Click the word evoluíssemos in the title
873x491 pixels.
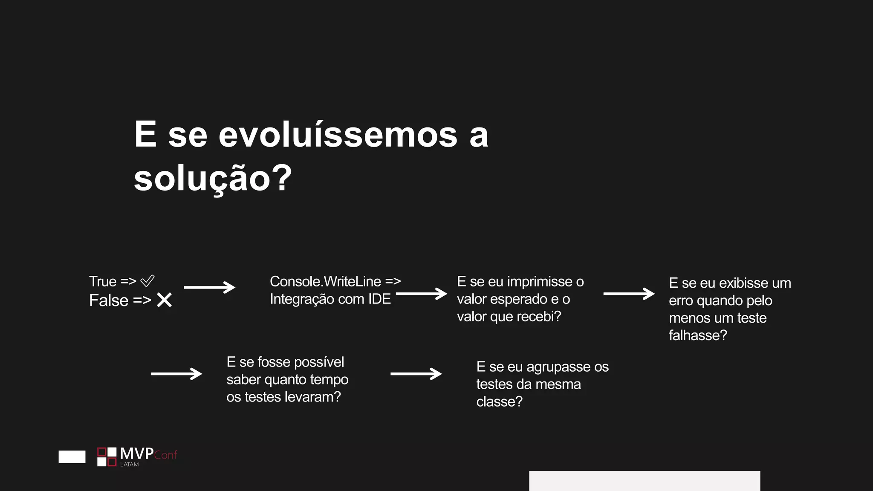click(338, 135)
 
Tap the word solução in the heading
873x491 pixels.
click(202, 179)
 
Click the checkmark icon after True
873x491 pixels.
click(147, 281)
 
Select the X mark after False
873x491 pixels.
click(164, 300)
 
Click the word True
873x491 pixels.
click(103, 281)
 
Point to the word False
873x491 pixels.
click(109, 300)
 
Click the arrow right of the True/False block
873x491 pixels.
click(209, 287)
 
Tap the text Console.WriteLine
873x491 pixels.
click(325, 281)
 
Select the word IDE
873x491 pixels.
click(379, 299)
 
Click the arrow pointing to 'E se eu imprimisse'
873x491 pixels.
click(421, 293)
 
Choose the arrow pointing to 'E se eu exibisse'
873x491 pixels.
click(629, 293)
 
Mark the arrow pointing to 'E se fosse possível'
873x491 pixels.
click(176, 374)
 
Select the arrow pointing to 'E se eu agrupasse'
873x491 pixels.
click(416, 374)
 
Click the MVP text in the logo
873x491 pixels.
click(136, 453)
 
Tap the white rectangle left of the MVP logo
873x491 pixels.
click(72, 456)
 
